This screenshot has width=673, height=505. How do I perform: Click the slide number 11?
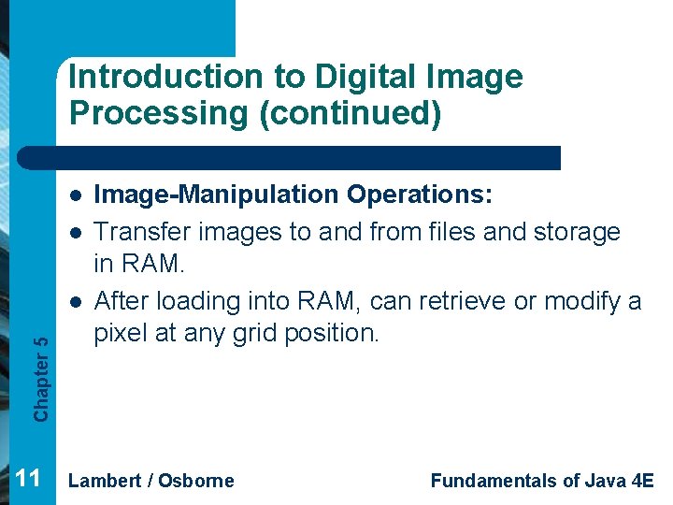(x=28, y=479)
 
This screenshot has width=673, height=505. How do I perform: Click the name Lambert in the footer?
(x=104, y=481)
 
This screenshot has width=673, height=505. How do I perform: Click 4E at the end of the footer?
(x=642, y=481)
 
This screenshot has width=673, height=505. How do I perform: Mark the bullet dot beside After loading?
(x=76, y=301)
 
